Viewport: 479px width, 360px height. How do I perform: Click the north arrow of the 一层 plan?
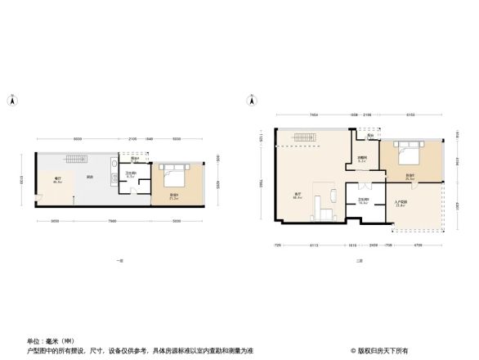11,100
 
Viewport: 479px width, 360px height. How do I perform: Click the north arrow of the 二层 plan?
249,100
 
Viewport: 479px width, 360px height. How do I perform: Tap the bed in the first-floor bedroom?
175,174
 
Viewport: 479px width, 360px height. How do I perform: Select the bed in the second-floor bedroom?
406,153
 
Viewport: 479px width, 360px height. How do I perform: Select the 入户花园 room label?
401,205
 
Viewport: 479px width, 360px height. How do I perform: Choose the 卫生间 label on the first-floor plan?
131,174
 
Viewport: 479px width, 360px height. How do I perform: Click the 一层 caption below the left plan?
119,260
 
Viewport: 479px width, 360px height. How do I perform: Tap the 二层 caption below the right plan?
356,260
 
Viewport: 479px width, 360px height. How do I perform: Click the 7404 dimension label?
313,115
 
